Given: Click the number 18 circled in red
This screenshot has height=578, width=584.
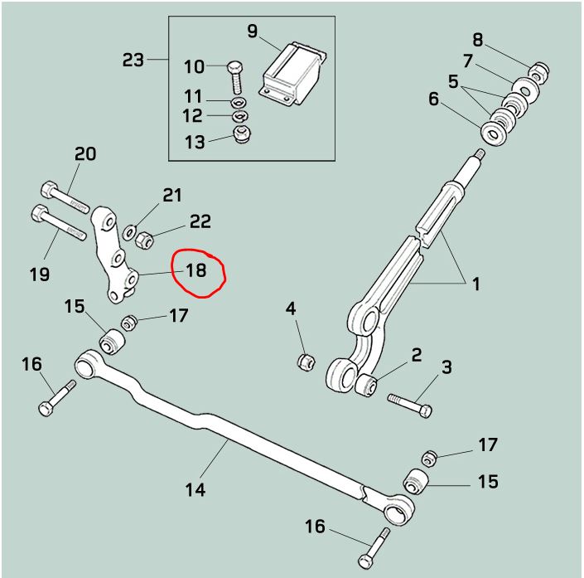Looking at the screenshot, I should point(196,270).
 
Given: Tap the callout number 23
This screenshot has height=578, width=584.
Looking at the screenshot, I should point(133,60).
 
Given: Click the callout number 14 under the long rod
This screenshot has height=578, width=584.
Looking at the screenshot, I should point(195,489).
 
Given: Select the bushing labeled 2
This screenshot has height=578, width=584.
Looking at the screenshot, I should point(367,385).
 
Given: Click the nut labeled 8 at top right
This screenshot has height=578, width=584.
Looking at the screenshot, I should point(538,72).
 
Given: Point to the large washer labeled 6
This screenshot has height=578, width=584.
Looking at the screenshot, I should point(495,132).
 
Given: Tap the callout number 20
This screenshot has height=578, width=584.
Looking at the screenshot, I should point(85,153).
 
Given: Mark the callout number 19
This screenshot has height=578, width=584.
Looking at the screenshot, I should point(40,274).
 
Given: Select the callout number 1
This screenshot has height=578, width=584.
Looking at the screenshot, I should point(476,284).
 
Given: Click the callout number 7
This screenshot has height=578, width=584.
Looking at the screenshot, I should point(468,61).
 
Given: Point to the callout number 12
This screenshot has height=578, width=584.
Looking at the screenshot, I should point(192,115).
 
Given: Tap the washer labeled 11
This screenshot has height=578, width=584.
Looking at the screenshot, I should point(239,101).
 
